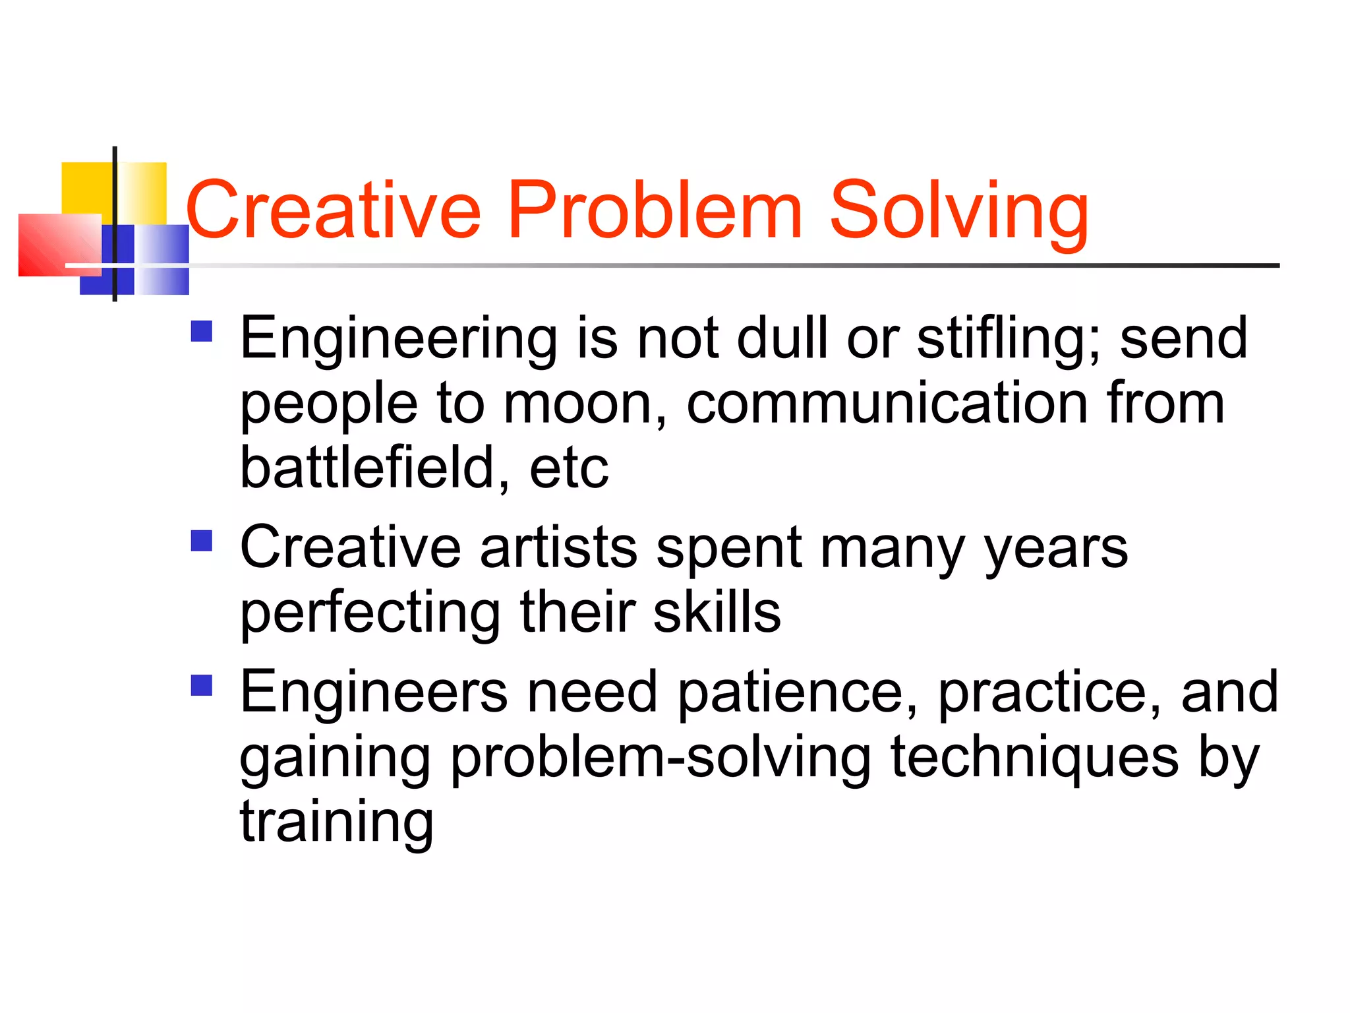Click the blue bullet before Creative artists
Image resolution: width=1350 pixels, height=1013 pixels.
point(202,541)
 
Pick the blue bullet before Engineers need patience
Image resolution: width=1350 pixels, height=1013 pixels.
point(202,685)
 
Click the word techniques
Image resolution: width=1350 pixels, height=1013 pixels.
point(1034,758)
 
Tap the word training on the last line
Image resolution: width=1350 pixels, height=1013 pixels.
point(337,824)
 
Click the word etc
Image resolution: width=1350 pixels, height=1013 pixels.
point(569,468)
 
